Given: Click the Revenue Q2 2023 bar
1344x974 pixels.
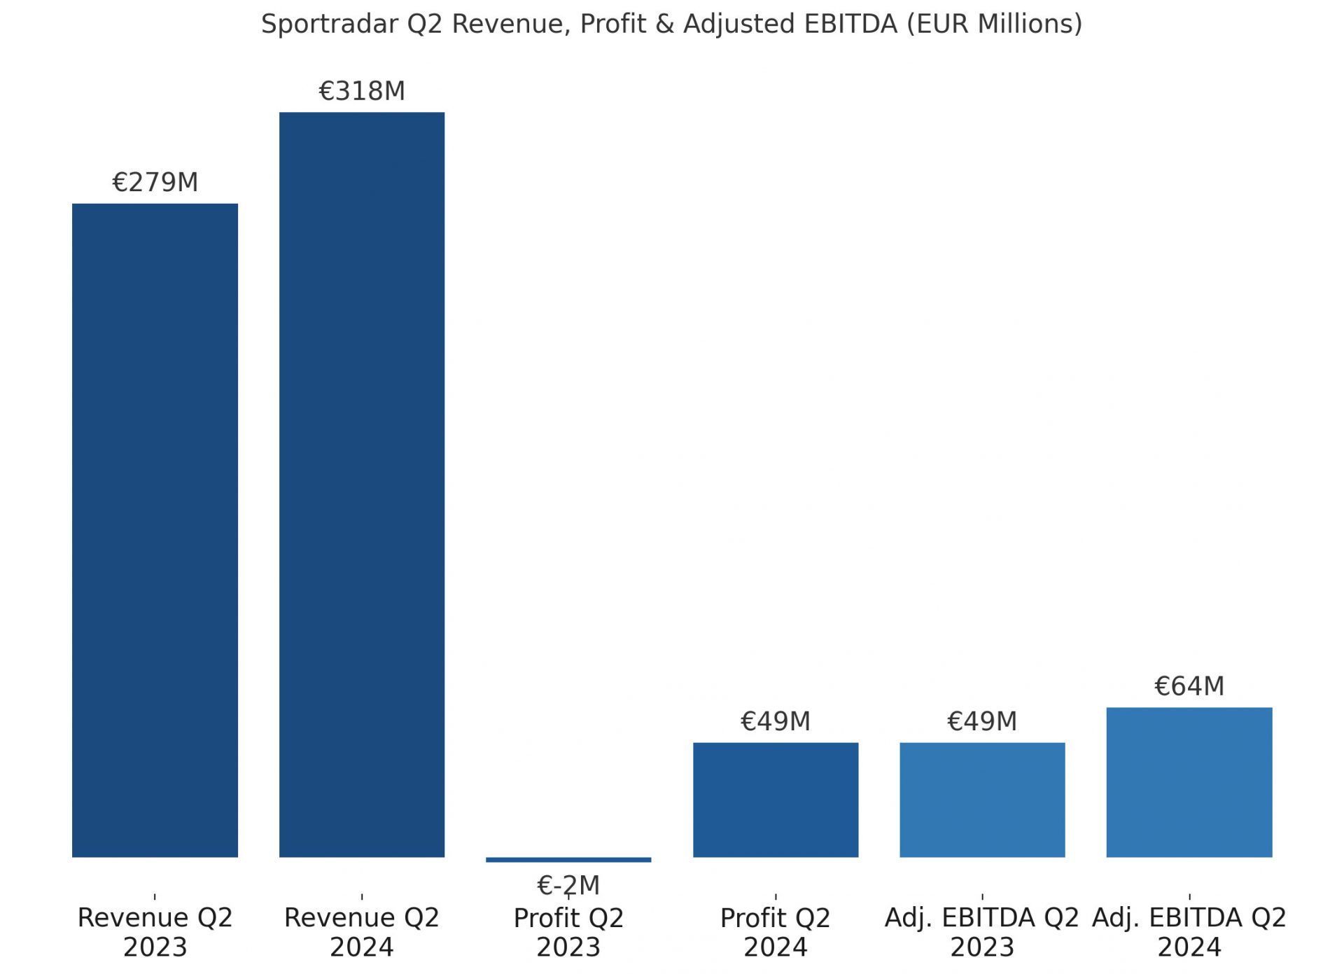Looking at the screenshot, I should pyautogui.click(x=155, y=530).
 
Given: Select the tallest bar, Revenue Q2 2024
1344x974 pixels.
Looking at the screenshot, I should pyautogui.click(x=362, y=485).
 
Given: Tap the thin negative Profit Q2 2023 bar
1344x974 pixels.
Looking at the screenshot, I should pyautogui.click(x=568, y=860).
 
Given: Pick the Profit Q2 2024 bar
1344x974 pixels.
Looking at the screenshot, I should pyautogui.click(x=776, y=800).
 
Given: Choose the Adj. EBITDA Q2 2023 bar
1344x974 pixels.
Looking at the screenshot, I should pyautogui.click(x=982, y=800).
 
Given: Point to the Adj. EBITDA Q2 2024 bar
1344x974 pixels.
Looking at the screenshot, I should pyautogui.click(x=1189, y=782).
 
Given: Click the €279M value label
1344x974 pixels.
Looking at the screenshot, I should pyautogui.click(x=155, y=183).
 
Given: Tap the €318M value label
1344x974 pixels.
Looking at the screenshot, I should pyautogui.click(x=362, y=91).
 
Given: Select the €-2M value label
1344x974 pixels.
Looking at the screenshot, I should pyautogui.click(x=568, y=886).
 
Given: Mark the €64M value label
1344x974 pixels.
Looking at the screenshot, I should pyautogui.click(x=1189, y=686).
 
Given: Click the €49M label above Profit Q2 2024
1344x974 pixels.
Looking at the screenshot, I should pyautogui.click(x=776, y=721).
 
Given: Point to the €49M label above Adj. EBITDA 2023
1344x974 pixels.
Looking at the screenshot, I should pyautogui.click(x=982, y=721).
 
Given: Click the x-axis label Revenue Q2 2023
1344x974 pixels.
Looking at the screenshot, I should pyautogui.click(x=155, y=932).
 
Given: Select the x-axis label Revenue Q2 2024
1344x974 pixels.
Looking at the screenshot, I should pyautogui.click(x=362, y=932).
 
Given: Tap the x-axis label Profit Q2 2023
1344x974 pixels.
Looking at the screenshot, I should pyautogui.click(x=568, y=933).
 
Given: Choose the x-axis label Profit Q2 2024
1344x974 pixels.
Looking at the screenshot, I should pyautogui.click(x=776, y=932).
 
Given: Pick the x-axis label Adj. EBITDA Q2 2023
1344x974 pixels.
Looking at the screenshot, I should pyautogui.click(x=982, y=932).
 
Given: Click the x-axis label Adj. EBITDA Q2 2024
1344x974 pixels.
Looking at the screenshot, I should pyautogui.click(x=1189, y=932).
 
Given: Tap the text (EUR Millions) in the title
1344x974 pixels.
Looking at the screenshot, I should pyautogui.click(x=994, y=25).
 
